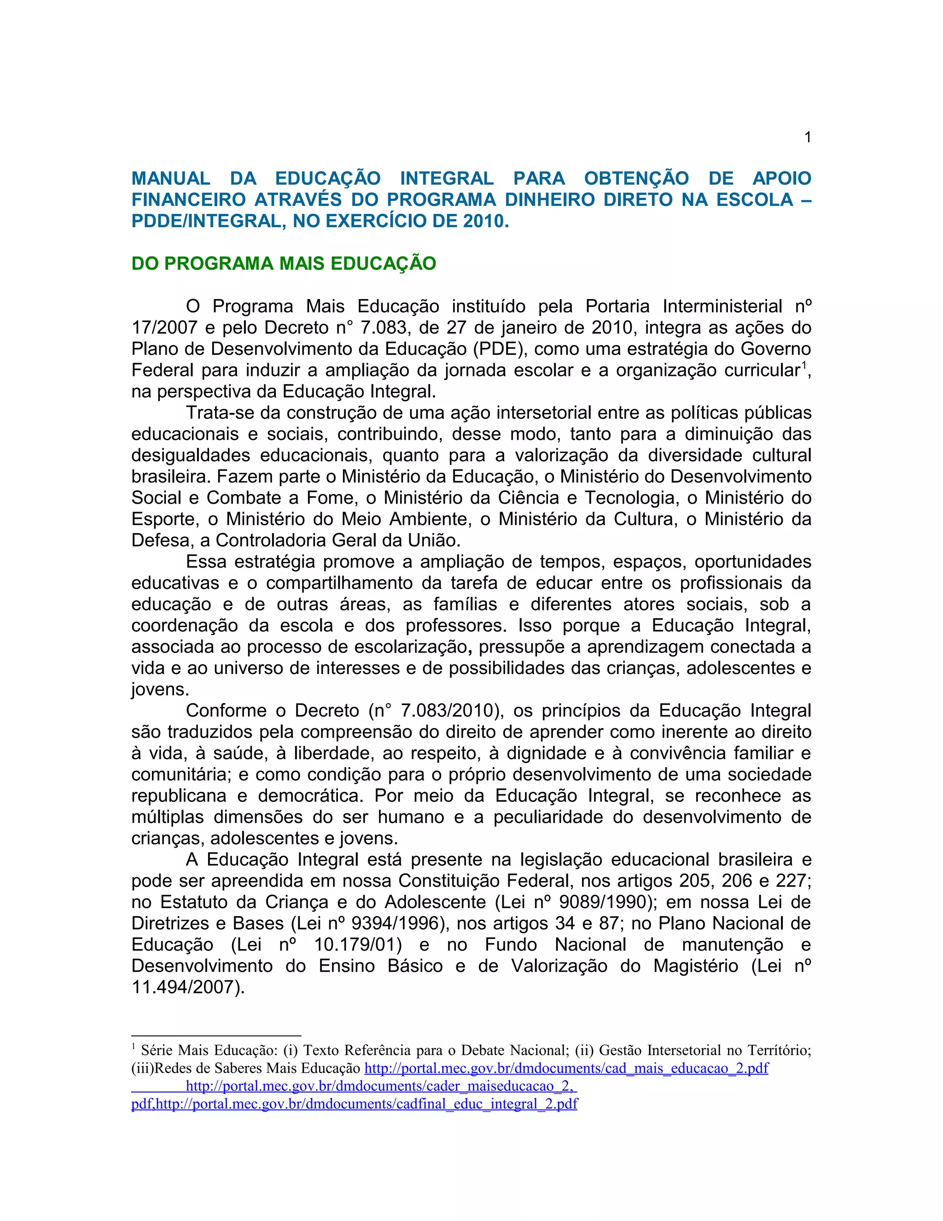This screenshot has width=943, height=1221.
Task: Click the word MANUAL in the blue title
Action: [171, 178]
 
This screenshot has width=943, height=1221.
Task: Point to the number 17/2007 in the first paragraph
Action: [163, 328]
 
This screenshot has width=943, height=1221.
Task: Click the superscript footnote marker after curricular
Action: [804, 366]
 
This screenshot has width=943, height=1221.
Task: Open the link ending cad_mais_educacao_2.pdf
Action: [566, 1068]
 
